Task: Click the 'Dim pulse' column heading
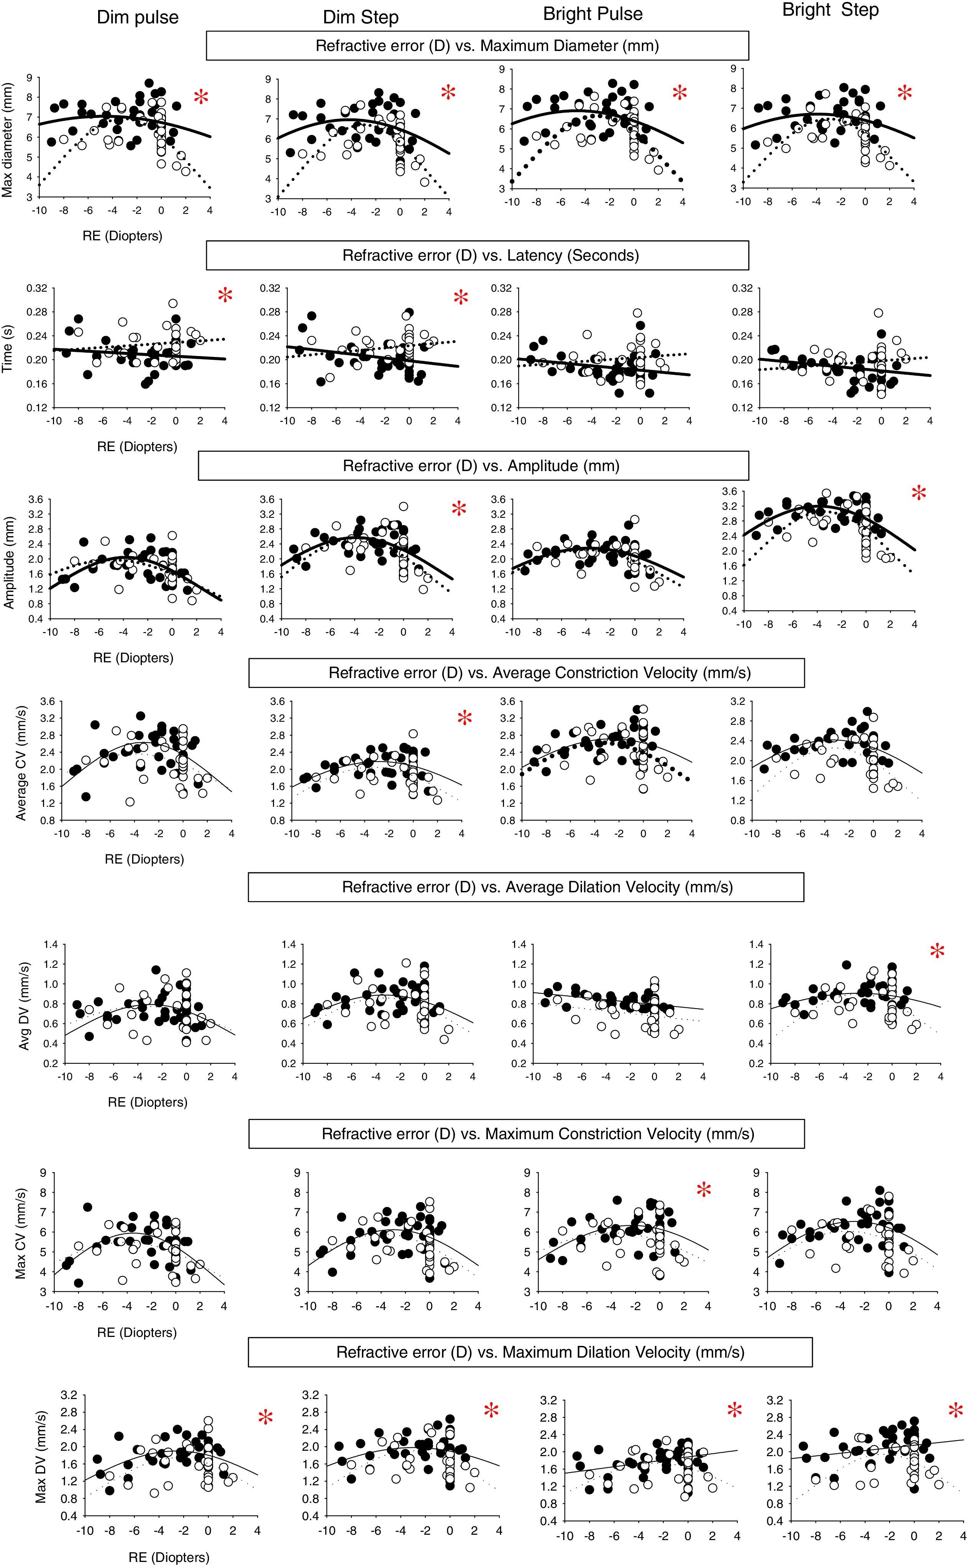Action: (x=138, y=17)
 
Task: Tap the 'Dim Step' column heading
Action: (x=361, y=17)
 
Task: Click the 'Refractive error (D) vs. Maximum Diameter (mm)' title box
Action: (x=477, y=45)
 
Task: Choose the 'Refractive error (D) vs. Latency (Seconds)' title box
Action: (x=477, y=256)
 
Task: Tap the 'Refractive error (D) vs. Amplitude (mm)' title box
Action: (x=473, y=466)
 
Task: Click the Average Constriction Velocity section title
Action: (x=526, y=673)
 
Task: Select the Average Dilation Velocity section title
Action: (x=526, y=887)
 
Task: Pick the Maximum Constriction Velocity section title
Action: (x=526, y=1134)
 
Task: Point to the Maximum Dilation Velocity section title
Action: (x=530, y=1352)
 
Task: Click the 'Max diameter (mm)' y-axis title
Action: (x=8, y=140)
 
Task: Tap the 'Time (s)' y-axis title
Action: (x=8, y=347)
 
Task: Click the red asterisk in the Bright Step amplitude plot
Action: (x=918, y=493)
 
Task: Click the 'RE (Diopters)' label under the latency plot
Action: (x=137, y=447)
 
